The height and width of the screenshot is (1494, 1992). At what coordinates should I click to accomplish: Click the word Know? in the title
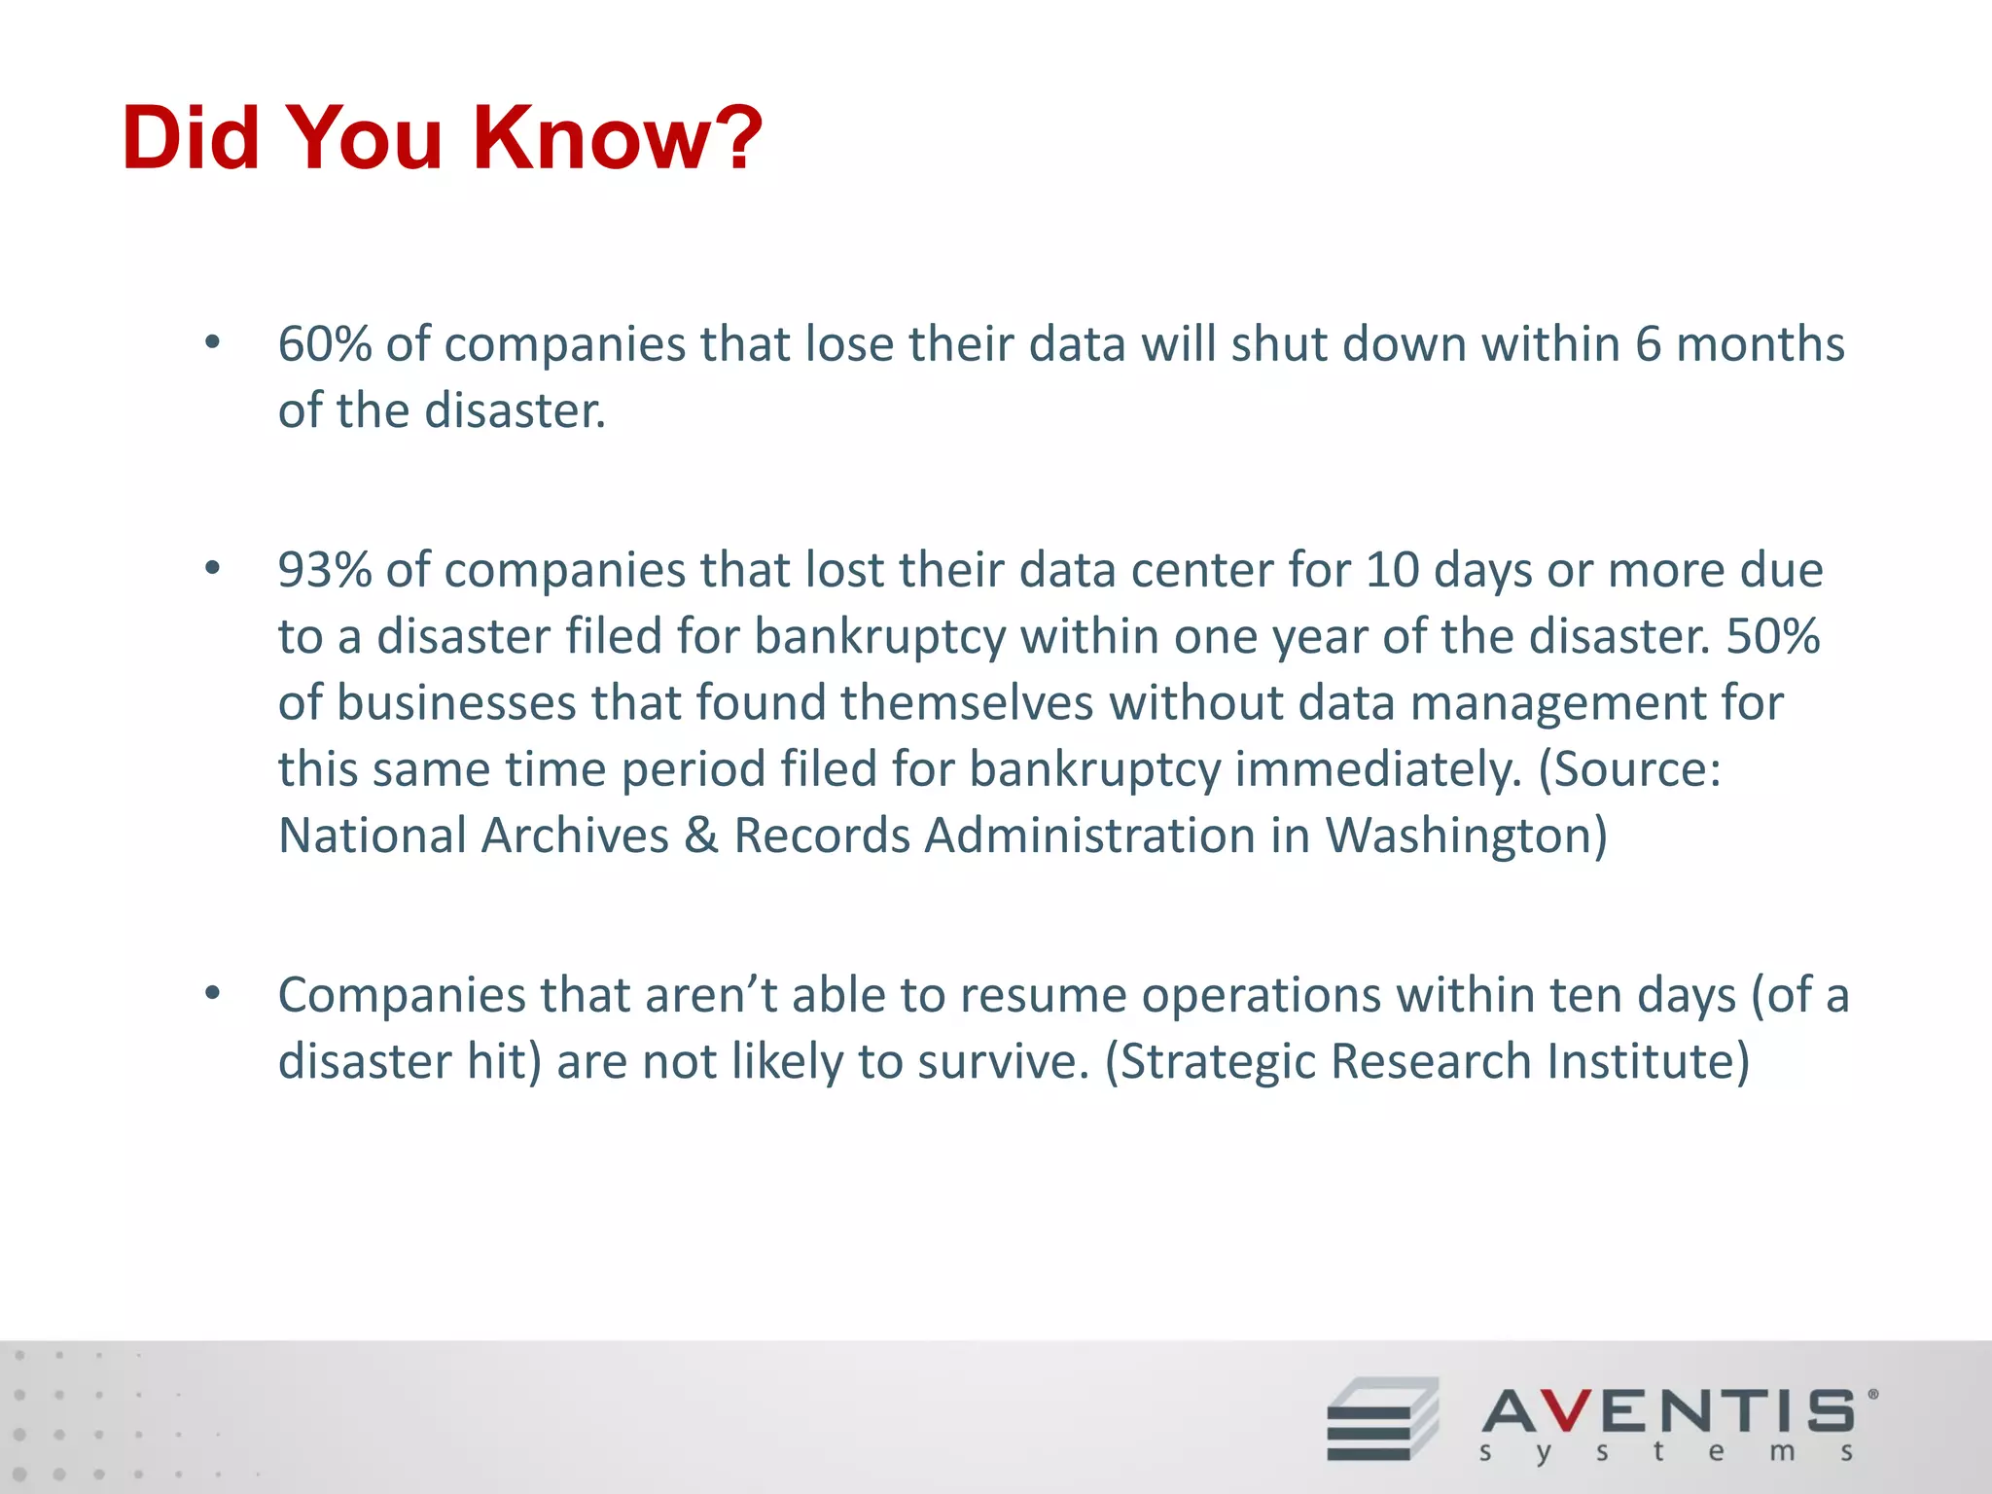pos(619,138)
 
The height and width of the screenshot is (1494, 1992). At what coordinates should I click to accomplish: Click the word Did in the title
pos(191,138)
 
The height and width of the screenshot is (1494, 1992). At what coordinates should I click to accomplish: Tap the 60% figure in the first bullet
pos(324,344)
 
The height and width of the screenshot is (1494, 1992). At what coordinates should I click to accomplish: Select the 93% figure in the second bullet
pos(324,570)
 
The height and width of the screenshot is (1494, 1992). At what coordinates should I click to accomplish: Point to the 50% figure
pos(1773,637)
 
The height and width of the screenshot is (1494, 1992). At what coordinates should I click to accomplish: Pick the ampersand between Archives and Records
pos(700,836)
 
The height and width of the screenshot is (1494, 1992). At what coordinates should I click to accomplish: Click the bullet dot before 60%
pos(212,342)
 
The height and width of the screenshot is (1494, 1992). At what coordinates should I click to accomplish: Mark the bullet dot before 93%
pos(212,568)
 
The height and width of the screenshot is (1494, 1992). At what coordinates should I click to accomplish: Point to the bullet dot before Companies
pos(212,993)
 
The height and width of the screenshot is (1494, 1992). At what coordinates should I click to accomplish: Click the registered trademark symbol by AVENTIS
pos(1872,1394)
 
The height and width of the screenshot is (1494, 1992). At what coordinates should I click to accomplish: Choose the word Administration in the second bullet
pos(1089,836)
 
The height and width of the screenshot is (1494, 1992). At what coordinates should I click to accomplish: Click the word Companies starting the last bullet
pos(401,995)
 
